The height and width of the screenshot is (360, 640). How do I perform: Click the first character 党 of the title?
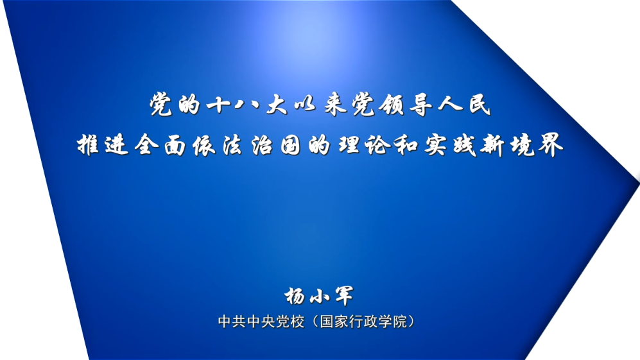tap(161, 105)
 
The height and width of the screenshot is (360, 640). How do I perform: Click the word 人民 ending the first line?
tap(464, 105)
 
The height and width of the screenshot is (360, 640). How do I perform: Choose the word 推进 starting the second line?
tap(103, 145)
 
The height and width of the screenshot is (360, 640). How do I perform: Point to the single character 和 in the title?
tap(406, 145)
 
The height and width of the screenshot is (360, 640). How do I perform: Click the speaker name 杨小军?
tap(319, 296)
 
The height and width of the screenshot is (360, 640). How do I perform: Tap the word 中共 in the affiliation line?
tap(232, 321)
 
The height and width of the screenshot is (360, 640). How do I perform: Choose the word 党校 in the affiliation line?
tap(290, 321)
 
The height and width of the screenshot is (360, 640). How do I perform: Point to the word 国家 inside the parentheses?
tap(334, 321)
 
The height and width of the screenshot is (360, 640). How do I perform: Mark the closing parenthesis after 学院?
tap(412, 321)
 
